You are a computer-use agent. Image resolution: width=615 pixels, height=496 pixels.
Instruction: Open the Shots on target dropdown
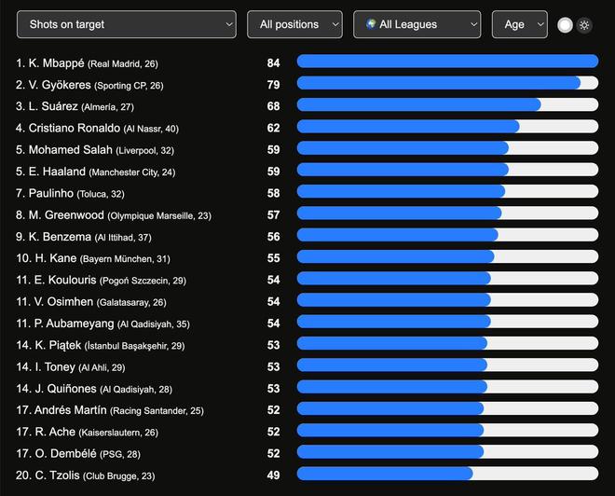click(126, 24)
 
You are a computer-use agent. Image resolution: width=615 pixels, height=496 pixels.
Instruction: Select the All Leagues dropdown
click(417, 24)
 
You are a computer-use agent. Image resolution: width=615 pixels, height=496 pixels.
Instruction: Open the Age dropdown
click(519, 24)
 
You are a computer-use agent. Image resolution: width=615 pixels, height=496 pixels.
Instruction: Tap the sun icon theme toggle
click(584, 25)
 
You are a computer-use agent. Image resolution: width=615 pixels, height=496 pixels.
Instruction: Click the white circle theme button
click(565, 25)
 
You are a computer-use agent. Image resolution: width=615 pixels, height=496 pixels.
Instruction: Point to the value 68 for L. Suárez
click(273, 106)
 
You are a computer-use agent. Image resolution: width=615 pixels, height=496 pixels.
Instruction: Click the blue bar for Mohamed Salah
click(403, 149)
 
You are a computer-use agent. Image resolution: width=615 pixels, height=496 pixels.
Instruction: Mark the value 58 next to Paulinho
click(273, 193)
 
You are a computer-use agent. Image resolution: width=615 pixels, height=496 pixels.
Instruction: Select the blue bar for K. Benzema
click(397, 236)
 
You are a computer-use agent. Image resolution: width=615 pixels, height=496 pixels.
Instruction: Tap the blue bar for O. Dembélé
click(389, 452)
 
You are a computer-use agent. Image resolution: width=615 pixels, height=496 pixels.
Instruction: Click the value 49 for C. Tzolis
click(273, 475)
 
